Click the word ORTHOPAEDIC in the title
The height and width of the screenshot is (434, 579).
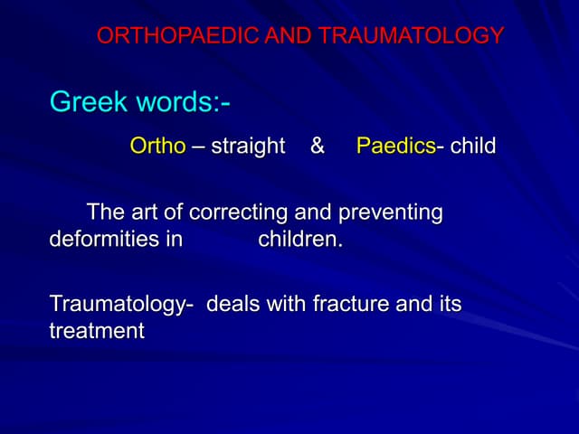168,36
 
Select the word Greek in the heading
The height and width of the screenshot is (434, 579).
86,102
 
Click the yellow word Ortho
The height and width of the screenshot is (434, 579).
157,146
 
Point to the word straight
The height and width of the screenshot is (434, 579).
248,146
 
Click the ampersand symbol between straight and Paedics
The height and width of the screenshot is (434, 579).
318,146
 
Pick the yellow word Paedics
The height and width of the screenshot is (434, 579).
396,146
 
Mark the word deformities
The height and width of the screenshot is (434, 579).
101,241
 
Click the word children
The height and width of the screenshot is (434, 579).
300,241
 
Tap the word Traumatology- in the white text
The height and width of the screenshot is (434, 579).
122,305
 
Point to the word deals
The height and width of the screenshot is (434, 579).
233,305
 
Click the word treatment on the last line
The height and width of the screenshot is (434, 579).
97,332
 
